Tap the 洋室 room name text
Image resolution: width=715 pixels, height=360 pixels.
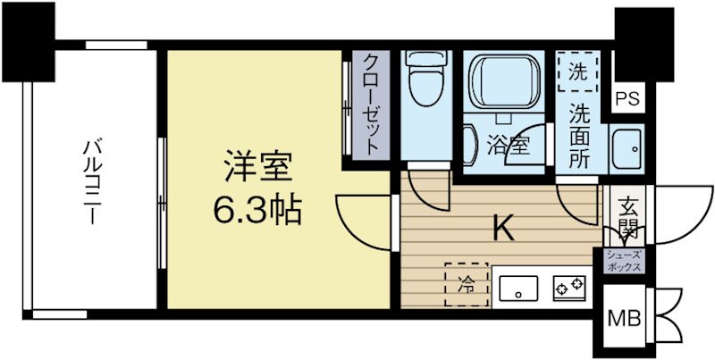click(x=257, y=169)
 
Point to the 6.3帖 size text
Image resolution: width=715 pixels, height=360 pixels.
click(x=257, y=211)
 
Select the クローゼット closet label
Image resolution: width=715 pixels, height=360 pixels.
click(x=369, y=105)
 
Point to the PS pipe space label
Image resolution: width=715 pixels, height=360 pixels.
click(x=627, y=99)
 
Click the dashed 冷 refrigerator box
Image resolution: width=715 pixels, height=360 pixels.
click(x=466, y=285)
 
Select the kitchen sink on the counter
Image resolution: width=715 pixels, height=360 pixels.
click(x=517, y=287)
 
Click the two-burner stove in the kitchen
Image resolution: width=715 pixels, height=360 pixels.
click(x=568, y=287)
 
